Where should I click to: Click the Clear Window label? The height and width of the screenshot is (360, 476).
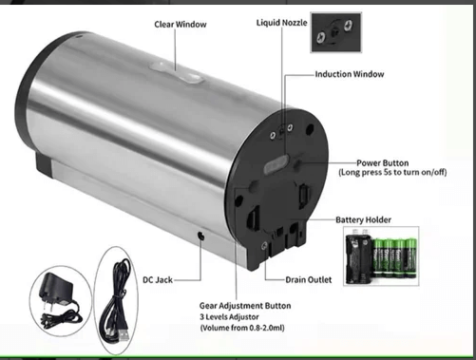(181, 25)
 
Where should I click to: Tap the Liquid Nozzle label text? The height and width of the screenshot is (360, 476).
(281, 23)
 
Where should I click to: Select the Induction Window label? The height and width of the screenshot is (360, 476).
(350, 74)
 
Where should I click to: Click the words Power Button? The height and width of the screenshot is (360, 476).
(383, 163)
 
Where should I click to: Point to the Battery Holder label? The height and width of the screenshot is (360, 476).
(363, 219)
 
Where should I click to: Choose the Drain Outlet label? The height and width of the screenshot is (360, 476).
(309, 280)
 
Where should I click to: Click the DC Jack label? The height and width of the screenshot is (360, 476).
(158, 280)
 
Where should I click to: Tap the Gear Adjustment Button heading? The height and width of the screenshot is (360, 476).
(245, 306)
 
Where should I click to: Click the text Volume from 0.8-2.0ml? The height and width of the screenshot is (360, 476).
(242, 328)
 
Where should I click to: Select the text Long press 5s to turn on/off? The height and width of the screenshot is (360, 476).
(392, 173)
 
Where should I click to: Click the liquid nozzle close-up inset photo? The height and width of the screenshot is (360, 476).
(335, 32)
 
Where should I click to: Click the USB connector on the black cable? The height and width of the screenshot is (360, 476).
(123, 334)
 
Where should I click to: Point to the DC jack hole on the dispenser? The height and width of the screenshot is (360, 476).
(200, 236)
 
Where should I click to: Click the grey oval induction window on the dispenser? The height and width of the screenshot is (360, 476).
(276, 164)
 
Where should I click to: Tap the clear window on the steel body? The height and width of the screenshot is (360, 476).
(176, 72)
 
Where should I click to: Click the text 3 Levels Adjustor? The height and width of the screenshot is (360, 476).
(229, 317)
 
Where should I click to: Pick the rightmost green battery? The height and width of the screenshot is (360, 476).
(410, 258)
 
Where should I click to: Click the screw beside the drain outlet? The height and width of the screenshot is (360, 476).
(264, 246)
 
